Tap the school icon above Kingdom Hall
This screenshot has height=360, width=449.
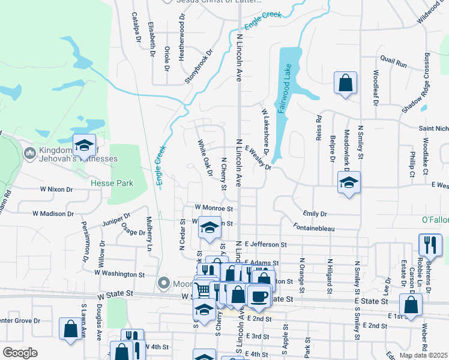coord(84,145)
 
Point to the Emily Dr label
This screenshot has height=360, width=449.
coord(315,213)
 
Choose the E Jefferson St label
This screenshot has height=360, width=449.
coord(267,245)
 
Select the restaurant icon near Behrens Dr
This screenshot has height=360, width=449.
coord(430,245)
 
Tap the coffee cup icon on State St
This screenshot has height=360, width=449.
coord(258,297)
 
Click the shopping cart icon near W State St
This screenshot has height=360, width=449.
coord(203,290)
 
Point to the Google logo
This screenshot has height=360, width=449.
coord(20,353)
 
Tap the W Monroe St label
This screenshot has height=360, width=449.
coord(213,208)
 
